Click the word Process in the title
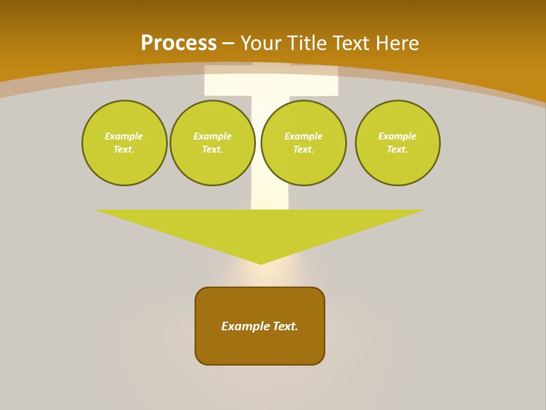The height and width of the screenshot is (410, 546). click(x=179, y=43)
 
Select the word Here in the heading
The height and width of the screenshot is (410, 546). click(x=397, y=43)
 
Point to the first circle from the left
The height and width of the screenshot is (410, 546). click(x=124, y=143)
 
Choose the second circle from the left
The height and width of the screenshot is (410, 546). click(x=213, y=143)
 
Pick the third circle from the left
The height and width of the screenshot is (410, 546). click(x=304, y=143)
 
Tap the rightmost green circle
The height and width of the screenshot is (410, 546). click(x=398, y=143)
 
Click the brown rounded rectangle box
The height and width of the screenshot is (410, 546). click(x=260, y=347)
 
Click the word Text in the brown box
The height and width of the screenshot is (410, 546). click(x=285, y=326)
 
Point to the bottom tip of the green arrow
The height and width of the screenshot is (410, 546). click(x=260, y=264)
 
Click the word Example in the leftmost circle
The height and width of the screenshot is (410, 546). click(x=124, y=136)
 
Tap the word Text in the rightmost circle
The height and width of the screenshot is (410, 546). click(x=397, y=150)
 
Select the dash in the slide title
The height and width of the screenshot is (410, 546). click(x=228, y=43)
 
